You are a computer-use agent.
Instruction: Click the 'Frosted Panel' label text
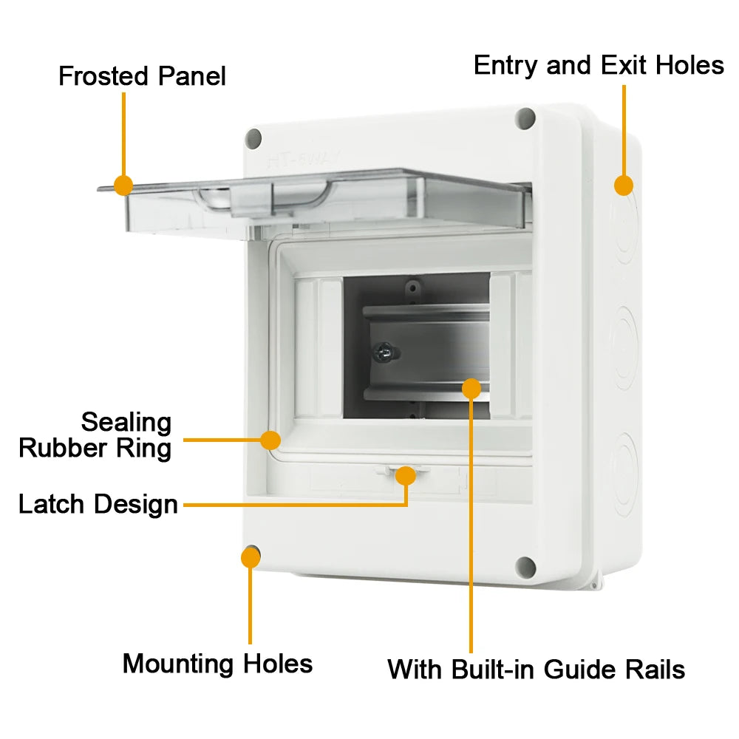point(142,76)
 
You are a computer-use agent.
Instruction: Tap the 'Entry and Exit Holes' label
point(599,65)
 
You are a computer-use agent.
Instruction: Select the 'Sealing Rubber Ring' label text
point(95,435)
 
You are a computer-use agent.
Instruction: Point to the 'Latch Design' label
point(98,505)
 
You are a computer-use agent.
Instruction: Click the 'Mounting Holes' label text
point(217,663)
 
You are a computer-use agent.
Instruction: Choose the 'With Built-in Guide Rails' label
point(536,670)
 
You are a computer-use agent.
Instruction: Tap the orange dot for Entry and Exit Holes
point(624,185)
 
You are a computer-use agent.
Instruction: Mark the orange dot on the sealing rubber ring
point(271,440)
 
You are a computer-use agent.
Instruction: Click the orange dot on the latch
point(405,475)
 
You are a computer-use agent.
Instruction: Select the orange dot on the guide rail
point(471,387)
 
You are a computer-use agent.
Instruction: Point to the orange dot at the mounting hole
point(251,557)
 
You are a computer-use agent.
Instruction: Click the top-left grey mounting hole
point(253,137)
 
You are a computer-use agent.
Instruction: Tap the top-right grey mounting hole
point(525,118)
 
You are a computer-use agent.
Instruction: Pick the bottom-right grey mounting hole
point(525,567)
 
